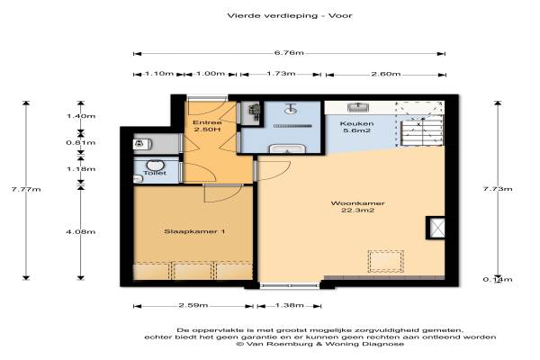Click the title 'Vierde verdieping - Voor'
click(x=290, y=15)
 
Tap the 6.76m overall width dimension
click(x=289, y=53)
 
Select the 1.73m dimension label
click(x=281, y=74)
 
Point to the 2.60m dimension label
click(x=386, y=74)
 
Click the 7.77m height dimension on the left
click(x=26, y=189)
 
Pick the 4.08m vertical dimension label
click(x=81, y=231)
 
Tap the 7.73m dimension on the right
click(x=498, y=189)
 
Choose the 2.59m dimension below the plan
click(x=193, y=305)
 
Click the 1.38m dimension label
click(x=289, y=305)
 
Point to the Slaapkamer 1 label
click(x=194, y=231)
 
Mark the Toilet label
click(x=155, y=173)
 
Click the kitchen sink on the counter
click(x=358, y=107)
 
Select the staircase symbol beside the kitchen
click(x=421, y=131)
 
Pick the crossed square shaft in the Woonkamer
click(x=436, y=228)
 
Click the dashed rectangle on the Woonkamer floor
click(x=386, y=262)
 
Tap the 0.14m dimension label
click(x=498, y=279)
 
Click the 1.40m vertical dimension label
click(x=81, y=116)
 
